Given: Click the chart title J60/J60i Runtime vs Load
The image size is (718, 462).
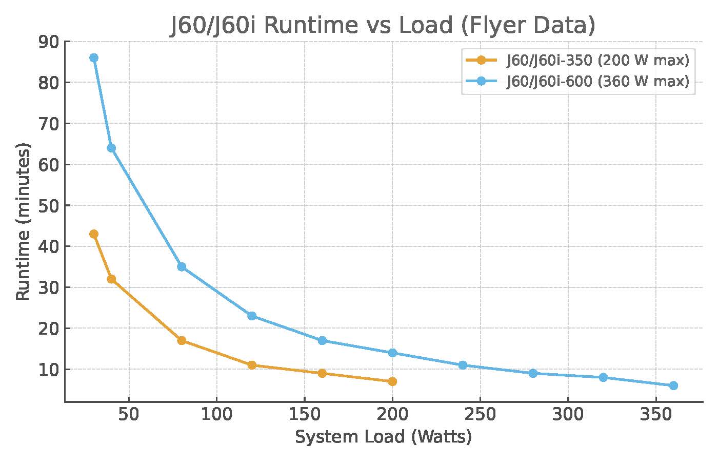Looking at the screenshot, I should click(383, 25).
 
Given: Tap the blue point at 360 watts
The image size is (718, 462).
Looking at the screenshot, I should click(673, 386).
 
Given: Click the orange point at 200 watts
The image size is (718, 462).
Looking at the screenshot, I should click(392, 381).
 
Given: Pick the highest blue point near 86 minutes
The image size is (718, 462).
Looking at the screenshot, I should click(94, 58).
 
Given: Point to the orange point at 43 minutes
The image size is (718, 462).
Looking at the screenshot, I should click(94, 234).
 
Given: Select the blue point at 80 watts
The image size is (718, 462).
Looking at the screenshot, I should click(182, 267).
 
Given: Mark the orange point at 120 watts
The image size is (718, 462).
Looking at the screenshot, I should click(252, 365).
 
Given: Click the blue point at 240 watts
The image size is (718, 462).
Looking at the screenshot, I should click(463, 365).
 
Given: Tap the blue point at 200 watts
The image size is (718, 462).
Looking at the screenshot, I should click(392, 353).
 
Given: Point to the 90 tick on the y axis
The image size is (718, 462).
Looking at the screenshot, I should click(49, 42).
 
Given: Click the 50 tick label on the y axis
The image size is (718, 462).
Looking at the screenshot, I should click(49, 205).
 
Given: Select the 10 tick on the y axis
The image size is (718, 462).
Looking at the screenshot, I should click(49, 370).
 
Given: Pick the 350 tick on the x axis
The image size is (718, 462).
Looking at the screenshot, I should click(656, 414).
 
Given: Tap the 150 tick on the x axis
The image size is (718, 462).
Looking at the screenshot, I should click(305, 414).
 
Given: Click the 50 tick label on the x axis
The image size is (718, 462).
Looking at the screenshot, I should click(129, 414).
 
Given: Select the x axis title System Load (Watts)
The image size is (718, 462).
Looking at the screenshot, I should click(383, 437).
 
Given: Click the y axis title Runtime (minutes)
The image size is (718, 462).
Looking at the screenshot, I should click(23, 222).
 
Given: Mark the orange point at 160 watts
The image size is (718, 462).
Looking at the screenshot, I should click(322, 373).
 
